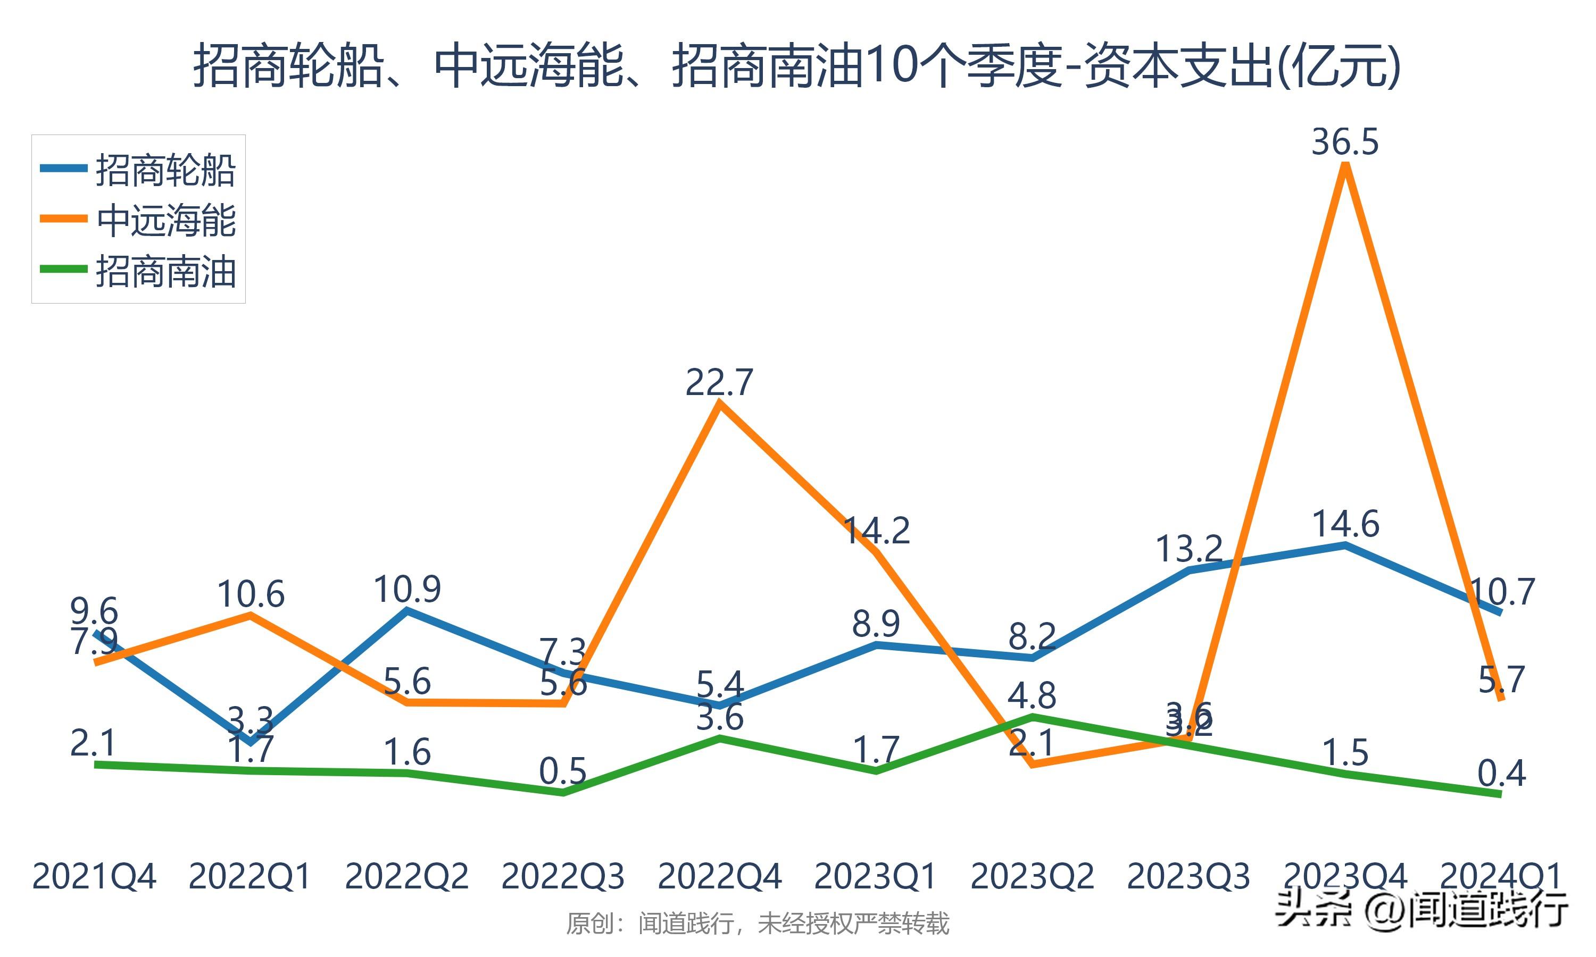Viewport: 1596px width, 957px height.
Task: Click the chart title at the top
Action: tap(797, 66)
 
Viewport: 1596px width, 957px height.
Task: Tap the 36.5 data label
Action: tap(1345, 142)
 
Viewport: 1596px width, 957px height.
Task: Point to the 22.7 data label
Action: tap(719, 382)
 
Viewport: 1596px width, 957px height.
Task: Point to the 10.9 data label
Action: tap(407, 589)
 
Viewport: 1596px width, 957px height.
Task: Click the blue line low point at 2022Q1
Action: tap(250, 742)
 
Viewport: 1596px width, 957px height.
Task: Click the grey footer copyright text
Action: tap(758, 924)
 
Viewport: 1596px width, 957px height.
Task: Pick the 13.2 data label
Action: tap(1189, 549)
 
